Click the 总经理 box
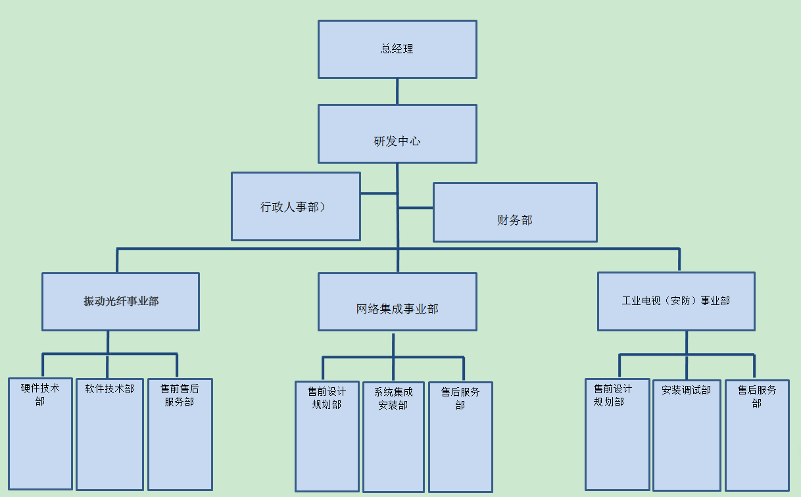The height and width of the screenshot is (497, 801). pos(397,49)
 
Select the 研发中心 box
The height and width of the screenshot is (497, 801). pos(397,133)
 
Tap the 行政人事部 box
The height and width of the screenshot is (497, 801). pos(296,206)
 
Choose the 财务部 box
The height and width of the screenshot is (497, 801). pos(515,212)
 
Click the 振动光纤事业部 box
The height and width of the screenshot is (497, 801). pos(120,302)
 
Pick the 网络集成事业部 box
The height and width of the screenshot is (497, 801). pos(397,302)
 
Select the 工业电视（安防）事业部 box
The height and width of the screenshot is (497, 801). pos(676,301)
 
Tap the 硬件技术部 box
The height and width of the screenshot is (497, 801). pos(40,434)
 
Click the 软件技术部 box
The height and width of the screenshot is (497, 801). pos(110,434)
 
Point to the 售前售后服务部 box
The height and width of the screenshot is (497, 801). pos(180,434)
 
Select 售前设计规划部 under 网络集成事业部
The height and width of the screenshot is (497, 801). pos(327,437)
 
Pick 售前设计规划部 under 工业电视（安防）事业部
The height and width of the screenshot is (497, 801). pos(617,434)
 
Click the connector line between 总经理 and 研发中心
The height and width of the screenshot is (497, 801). pos(397,91)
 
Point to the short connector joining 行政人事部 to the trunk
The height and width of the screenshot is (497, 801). pos(379,193)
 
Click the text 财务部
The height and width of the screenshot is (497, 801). pos(515,220)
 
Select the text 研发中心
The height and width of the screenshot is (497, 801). pos(397,141)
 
